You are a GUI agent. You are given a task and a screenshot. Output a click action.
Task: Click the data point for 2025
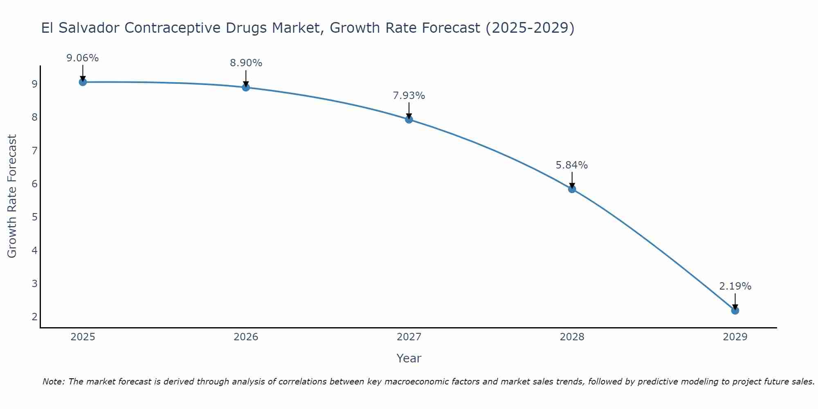[x=83, y=82]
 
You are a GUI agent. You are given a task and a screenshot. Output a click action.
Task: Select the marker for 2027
[x=409, y=119]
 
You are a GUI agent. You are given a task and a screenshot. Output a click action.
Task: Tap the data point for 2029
[x=735, y=311]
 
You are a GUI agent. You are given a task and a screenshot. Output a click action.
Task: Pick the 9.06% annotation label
[x=83, y=58]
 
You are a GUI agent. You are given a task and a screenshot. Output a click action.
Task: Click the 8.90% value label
[x=246, y=63]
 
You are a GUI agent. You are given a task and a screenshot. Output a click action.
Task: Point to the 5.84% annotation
[x=571, y=165]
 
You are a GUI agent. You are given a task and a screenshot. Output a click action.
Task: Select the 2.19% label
[x=735, y=286]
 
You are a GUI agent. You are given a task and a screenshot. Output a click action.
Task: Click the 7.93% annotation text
[x=409, y=96]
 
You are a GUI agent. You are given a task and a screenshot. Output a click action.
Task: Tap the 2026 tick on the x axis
[x=246, y=337]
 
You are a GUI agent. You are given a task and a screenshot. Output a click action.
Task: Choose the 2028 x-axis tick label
[x=572, y=337]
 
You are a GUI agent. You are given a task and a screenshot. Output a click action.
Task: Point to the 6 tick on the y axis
[x=34, y=184]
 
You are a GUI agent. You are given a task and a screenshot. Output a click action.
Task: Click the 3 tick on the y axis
[x=34, y=283]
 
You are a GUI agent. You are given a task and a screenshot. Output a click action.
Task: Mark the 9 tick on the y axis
[x=34, y=84]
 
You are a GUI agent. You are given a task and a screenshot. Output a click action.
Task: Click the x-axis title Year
[x=409, y=358]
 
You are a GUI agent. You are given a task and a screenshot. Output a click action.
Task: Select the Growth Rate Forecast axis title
[x=12, y=196]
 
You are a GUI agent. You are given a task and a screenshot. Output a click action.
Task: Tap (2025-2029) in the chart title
[x=530, y=28]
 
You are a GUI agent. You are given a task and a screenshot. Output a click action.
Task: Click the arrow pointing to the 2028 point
[x=572, y=180]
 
